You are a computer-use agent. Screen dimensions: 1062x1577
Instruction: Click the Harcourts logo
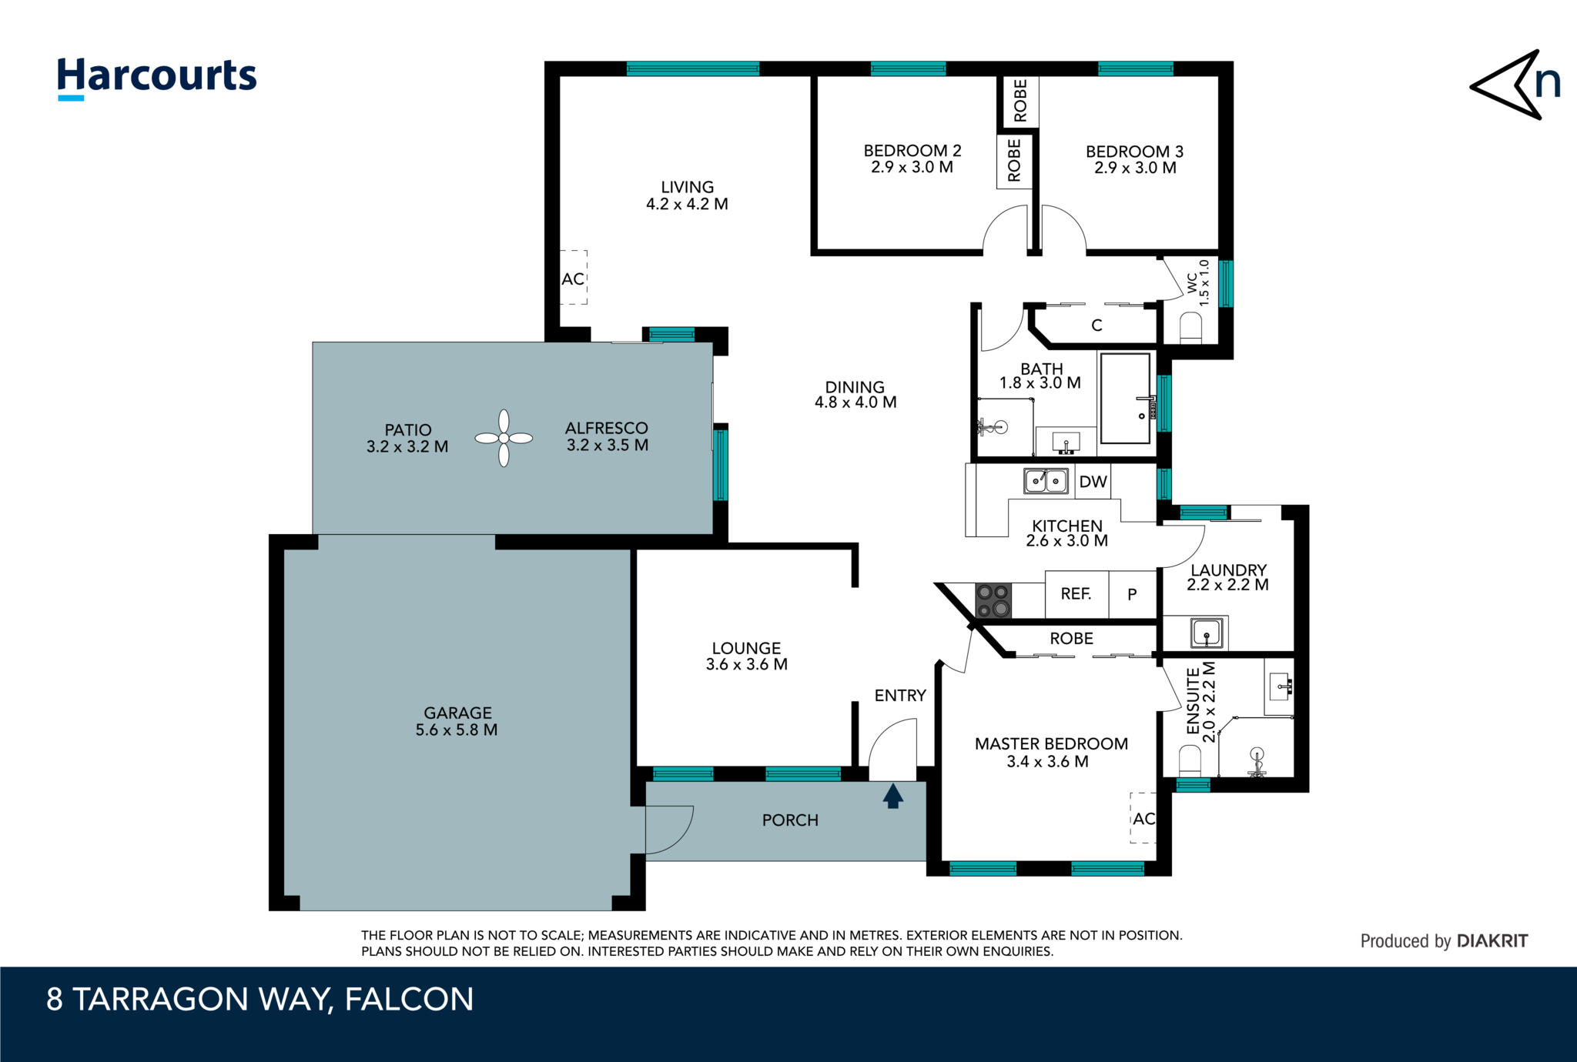(x=157, y=77)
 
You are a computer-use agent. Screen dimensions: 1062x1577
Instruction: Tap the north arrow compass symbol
(x=1512, y=85)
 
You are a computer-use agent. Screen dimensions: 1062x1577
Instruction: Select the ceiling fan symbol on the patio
(x=504, y=438)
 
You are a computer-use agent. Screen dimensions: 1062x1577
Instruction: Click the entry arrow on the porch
(x=893, y=796)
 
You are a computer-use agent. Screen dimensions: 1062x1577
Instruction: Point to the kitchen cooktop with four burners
(x=993, y=600)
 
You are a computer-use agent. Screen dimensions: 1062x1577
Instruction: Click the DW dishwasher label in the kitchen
(x=1093, y=482)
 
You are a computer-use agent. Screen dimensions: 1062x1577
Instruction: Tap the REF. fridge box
(x=1076, y=593)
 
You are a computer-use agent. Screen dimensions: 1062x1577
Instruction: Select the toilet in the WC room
(x=1190, y=328)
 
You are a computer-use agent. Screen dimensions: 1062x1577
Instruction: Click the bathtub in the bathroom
(x=1125, y=398)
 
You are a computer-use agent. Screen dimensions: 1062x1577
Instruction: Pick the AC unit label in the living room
(x=573, y=279)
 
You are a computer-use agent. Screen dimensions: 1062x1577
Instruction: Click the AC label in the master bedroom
(x=1143, y=818)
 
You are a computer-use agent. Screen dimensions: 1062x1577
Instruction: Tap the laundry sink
(x=1207, y=633)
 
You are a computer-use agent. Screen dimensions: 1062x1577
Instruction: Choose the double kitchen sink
(x=1046, y=481)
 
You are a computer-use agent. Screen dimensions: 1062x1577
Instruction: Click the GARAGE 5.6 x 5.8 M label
(x=457, y=721)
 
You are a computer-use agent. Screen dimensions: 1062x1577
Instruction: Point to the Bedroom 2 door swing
(x=1006, y=229)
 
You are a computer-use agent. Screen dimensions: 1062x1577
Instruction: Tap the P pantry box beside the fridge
(x=1132, y=593)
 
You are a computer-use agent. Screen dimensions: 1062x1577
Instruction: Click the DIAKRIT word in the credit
(x=1492, y=940)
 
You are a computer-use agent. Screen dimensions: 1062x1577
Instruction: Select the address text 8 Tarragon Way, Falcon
(x=259, y=999)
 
